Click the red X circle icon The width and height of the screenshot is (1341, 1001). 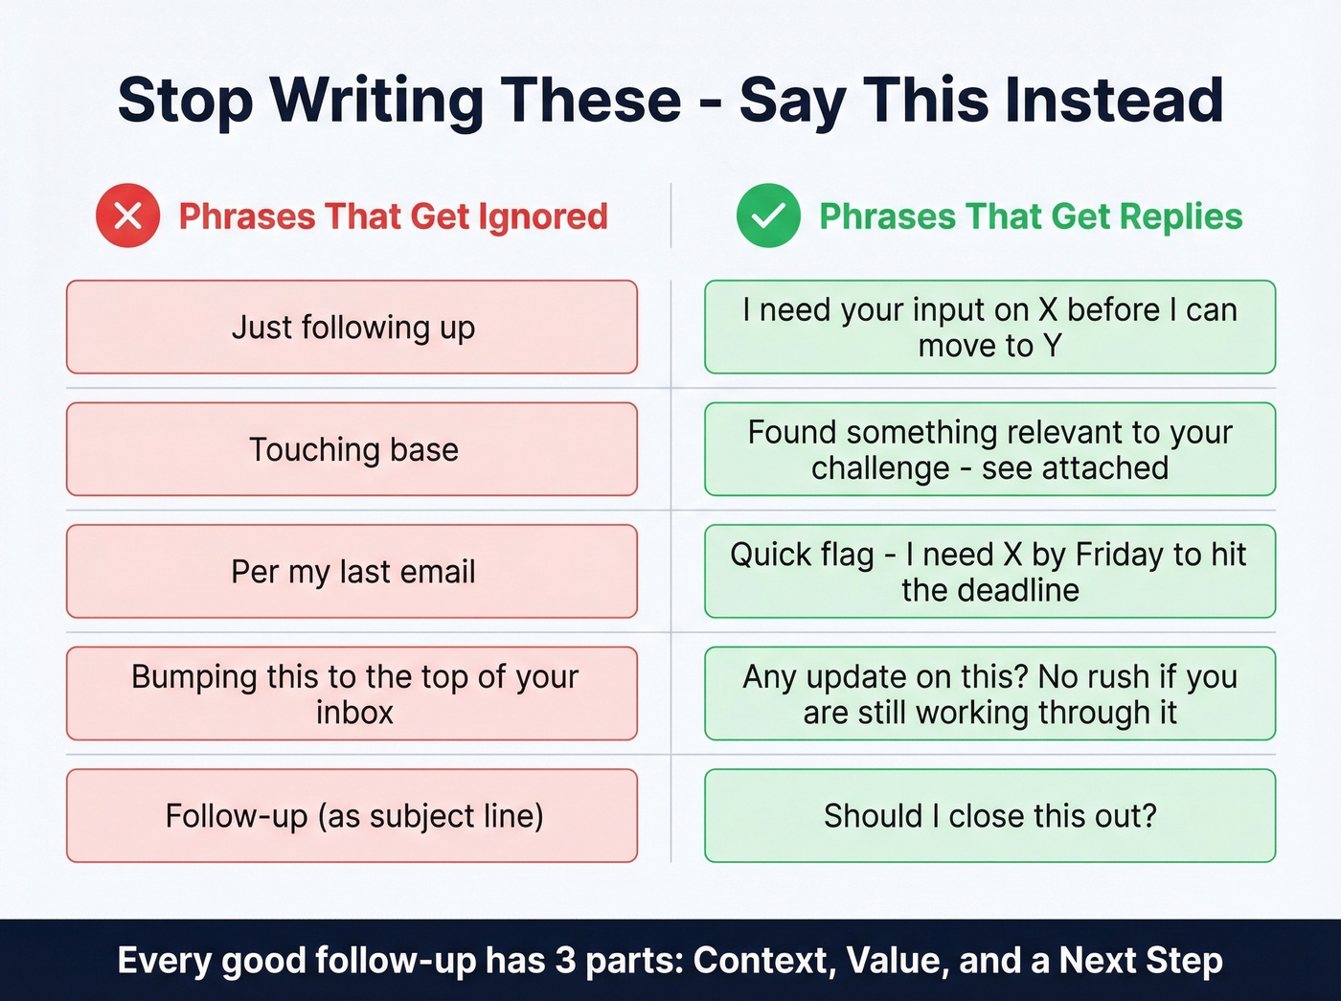pyautogui.click(x=127, y=216)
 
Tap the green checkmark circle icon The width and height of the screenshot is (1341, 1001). pyautogui.click(x=768, y=216)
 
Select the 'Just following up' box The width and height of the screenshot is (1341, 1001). pyautogui.click(x=352, y=327)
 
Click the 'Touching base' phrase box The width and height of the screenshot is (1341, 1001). pyautogui.click(x=352, y=449)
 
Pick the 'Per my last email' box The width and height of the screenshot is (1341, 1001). pyautogui.click(x=352, y=571)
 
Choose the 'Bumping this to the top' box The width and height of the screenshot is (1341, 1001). pyautogui.click(x=352, y=694)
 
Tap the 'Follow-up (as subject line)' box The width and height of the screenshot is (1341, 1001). pyautogui.click(x=352, y=815)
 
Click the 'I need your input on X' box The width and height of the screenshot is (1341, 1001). pyautogui.click(x=989, y=327)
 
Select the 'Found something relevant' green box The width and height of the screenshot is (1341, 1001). pyautogui.click(x=989, y=449)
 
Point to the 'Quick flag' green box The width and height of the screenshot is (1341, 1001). pyautogui.click(x=989, y=571)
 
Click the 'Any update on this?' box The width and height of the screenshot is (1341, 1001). pyautogui.click(x=989, y=694)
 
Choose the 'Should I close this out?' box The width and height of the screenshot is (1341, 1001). pyautogui.click(x=989, y=815)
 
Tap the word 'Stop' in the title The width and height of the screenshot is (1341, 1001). pyautogui.click(x=185, y=100)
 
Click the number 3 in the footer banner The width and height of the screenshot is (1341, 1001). pyautogui.click(x=566, y=960)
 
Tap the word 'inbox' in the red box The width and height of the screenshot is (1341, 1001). pyautogui.click(x=354, y=713)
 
